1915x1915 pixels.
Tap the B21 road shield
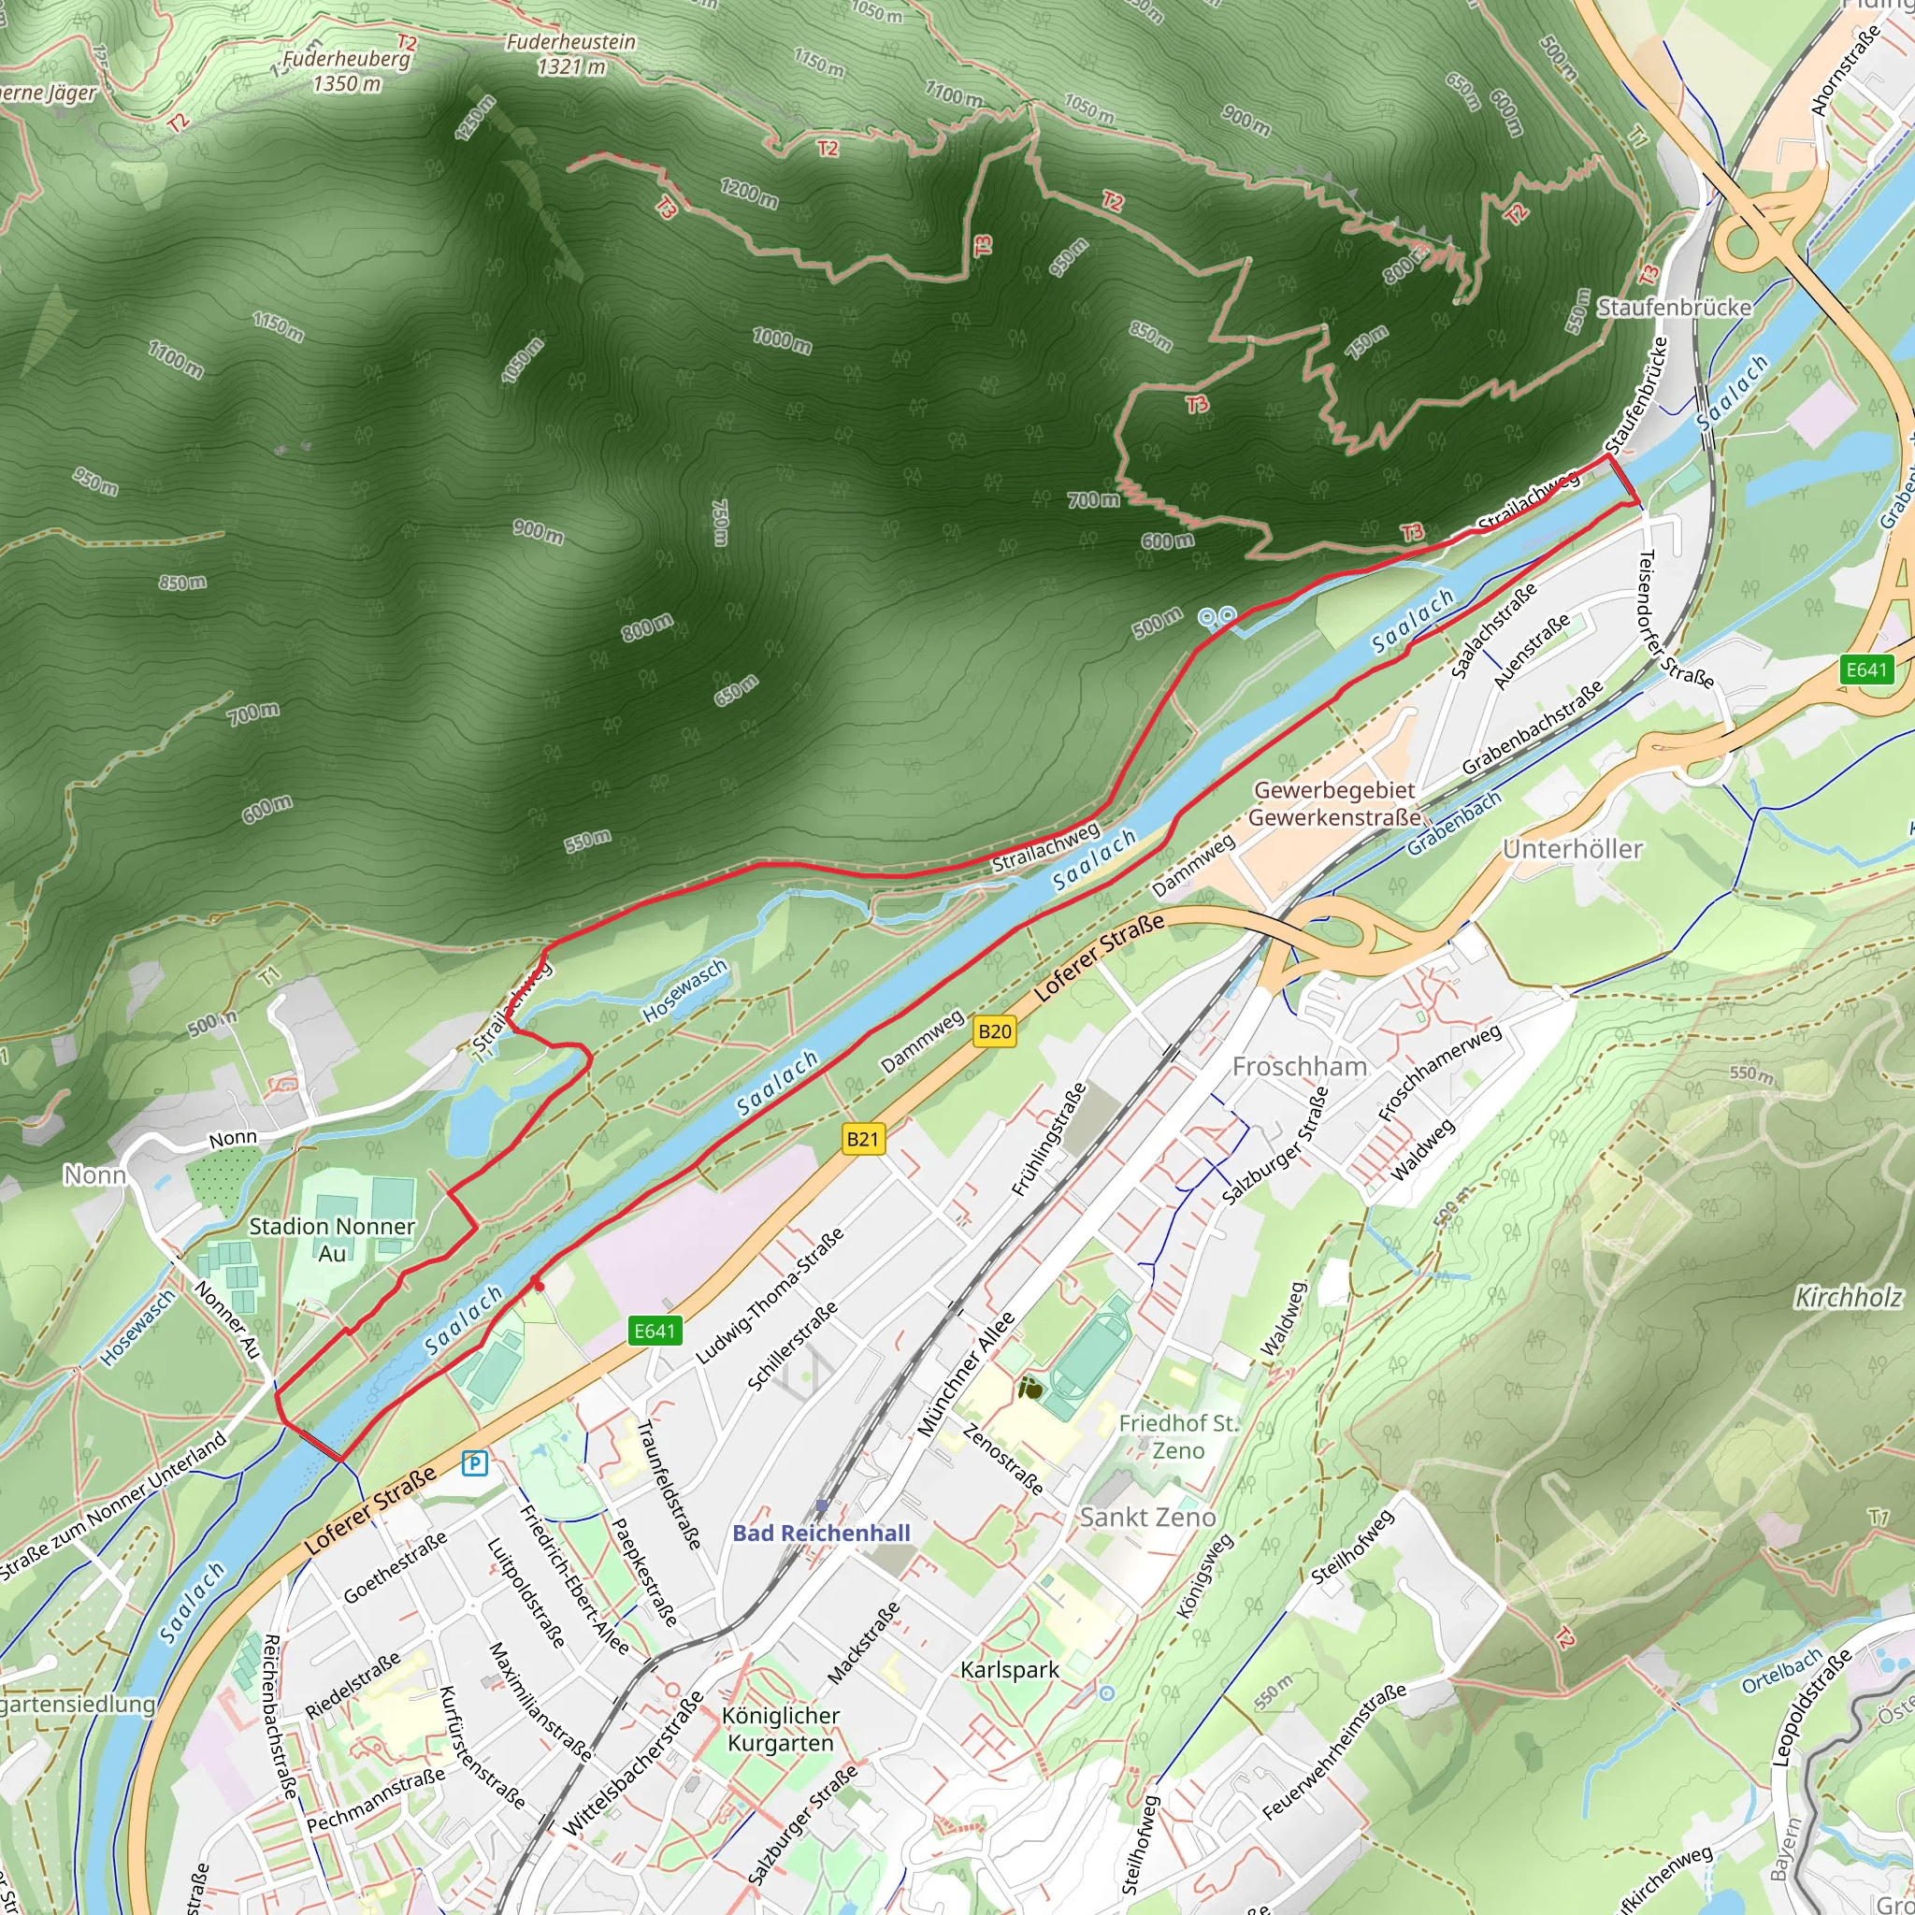point(862,1139)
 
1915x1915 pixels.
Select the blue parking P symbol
point(476,1463)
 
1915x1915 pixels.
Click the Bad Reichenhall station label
point(821,1533)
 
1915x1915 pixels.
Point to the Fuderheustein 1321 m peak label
point(571,54)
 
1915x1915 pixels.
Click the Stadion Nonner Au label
point(332,1239)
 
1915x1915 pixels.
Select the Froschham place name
point(1300,1067)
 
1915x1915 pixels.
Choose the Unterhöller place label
point(1573,849)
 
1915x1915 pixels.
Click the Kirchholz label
point(1849,1298)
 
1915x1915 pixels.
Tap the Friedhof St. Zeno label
point(1178,1436)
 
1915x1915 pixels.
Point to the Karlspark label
point(1010,1669)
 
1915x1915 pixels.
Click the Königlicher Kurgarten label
point(781,1729)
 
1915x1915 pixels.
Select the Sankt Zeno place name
point(1148,1517)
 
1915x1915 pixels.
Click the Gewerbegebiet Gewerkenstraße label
point(1334,804)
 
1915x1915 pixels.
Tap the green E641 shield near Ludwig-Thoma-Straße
point(655,1331)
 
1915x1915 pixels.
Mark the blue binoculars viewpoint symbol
point(1217,618)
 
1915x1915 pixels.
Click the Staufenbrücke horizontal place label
point(1674,308)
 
